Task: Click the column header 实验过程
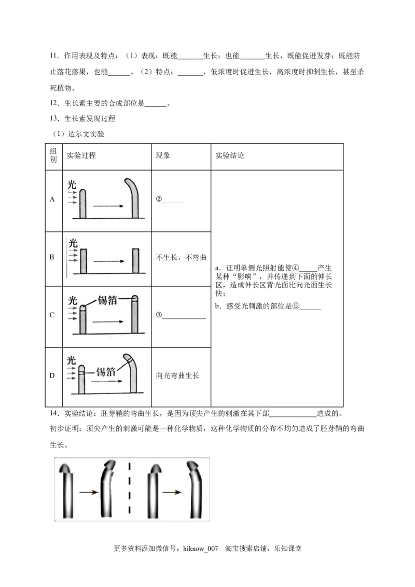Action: [81, 156]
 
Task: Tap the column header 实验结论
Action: [229, 156]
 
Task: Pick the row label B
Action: [52, 257]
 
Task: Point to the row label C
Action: [52, 315]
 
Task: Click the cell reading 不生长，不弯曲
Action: [181, 257]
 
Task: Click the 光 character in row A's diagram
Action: [72, 184]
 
